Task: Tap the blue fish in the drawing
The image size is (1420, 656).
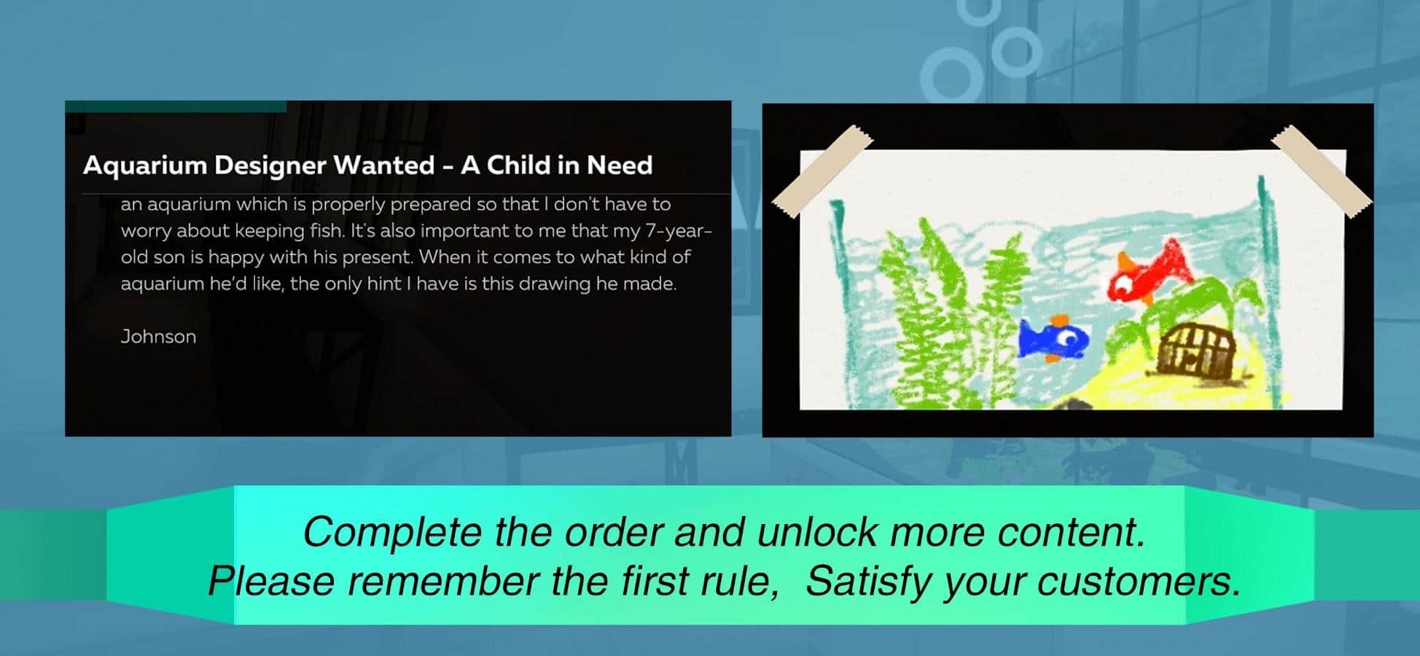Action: coord(1053,338)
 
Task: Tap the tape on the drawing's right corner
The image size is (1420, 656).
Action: coord(1321,171)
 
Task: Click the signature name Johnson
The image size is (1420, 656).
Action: coord(158,337)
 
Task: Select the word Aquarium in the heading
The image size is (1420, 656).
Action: coord(145,165)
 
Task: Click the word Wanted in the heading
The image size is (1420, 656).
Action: coord(383,165)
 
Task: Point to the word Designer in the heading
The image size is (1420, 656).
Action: coord(270,166)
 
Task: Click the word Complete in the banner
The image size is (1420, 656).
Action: coord(394,532)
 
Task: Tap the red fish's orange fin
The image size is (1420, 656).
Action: coord(1127,261)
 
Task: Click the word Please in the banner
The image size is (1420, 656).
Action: coord(271,581)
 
